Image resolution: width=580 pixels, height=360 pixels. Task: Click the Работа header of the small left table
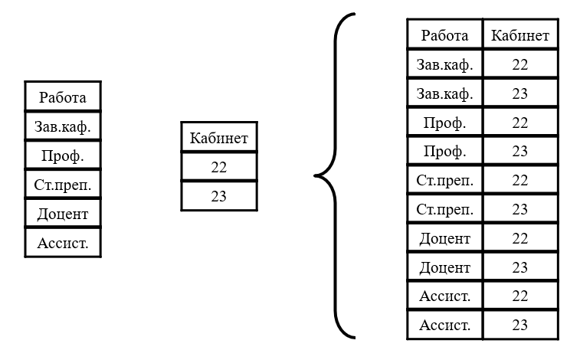(x=63, y=97)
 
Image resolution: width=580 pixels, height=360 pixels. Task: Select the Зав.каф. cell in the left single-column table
(x=63, y=126)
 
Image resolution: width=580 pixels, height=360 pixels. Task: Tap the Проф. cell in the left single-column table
(x=63, y=155)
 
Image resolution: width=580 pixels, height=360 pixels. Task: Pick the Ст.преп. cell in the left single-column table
(x=63, y=185)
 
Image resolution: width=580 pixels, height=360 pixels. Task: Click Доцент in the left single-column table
(x=63, y=213)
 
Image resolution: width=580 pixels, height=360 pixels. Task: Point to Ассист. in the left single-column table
(x=63, y=243)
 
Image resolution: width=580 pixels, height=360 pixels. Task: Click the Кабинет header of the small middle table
(x=219, y=138)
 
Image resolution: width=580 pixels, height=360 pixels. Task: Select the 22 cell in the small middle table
(x=219, y=167)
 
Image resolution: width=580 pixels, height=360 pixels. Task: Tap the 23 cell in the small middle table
(x=219, y=196)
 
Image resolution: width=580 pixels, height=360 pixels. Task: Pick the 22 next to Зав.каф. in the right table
(x=520, y=64)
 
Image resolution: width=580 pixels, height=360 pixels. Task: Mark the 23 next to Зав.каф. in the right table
(x=520, y=93)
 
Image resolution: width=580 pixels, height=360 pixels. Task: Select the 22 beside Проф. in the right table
(x=520, y=122)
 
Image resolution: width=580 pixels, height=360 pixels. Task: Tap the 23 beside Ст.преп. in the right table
(x=520, y=209)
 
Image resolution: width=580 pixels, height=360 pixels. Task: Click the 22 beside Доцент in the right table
(x=520, y=238)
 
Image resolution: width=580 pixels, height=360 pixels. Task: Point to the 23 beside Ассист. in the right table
(x=520, y=325)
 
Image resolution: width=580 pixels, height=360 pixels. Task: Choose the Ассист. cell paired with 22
(x=445, y=296)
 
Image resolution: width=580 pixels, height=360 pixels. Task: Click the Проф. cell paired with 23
(x=445, y=151)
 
